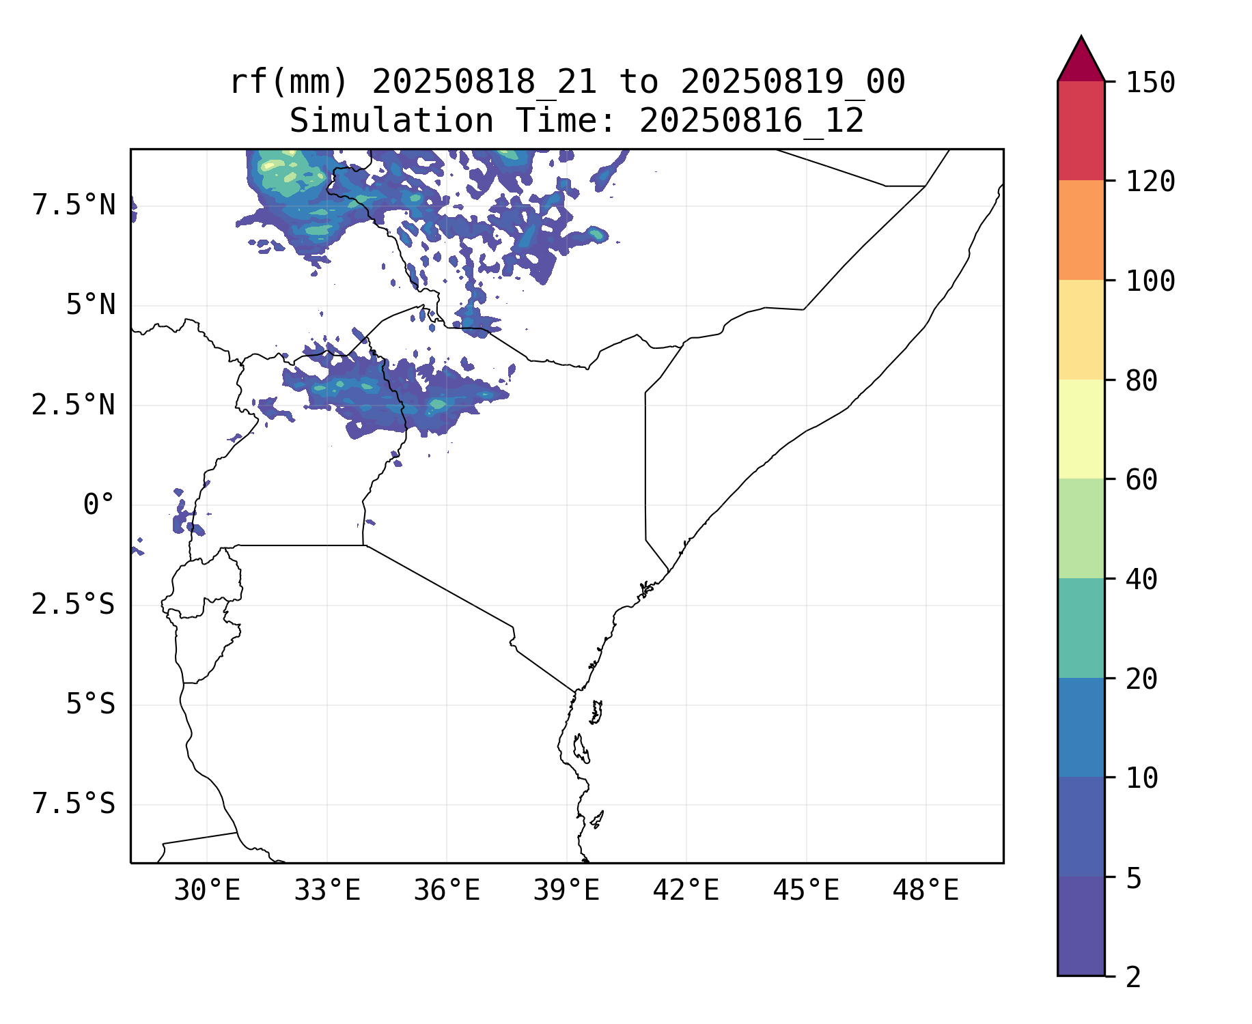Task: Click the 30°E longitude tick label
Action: click(207, 891)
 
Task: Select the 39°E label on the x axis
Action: click(566, 891)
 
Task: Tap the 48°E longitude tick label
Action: click(926, 891)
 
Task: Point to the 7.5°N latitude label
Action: click(74, 205)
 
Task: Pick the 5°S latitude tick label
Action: click(90, 705)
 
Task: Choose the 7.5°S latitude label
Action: click(74, 804)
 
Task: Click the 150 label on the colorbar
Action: click(1150, 83)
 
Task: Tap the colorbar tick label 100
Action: click(1150, 281)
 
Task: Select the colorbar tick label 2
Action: click(1134, 978)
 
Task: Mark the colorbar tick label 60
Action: click(1141, 480)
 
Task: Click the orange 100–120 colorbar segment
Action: click(1081, 230)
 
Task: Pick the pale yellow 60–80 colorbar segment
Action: click(1081, 429)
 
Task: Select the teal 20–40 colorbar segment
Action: click(1081, 628)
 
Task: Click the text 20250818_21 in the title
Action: click(484, 83)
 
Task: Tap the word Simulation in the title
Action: click(391, 122)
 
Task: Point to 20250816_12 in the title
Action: click(751, 122)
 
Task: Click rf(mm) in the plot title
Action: click(290, 83)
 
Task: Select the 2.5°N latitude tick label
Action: click(74, 406)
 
